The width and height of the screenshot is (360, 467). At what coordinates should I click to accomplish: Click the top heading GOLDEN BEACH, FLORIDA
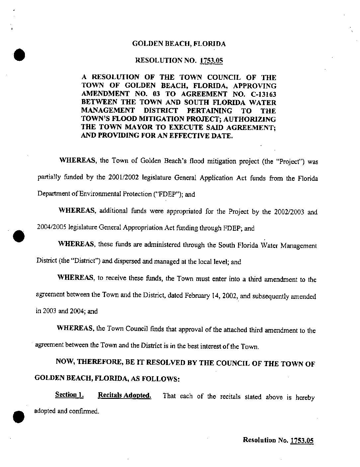[x=179, y=44]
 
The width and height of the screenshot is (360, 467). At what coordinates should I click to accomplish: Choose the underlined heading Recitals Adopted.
[x=125, y=396]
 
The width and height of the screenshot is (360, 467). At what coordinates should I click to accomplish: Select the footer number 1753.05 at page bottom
[x=302, y=440]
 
